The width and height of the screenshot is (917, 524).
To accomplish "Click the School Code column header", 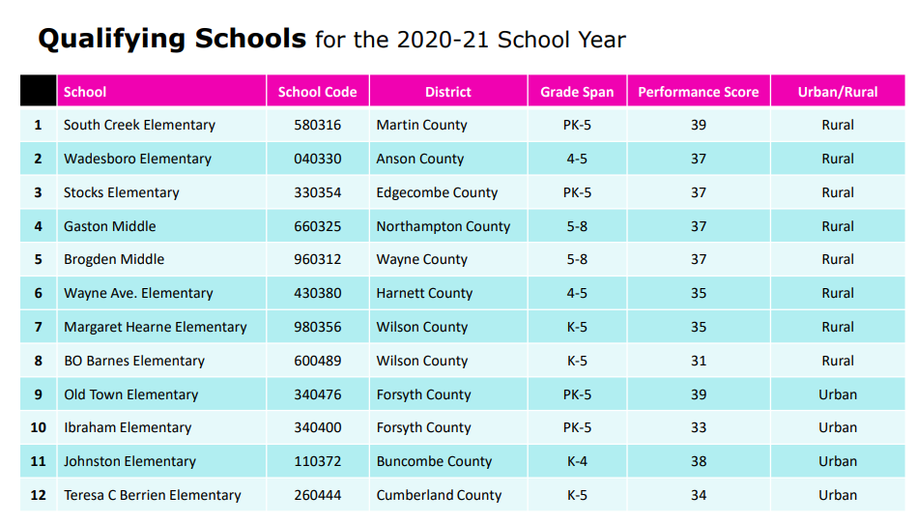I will (x=317, y=92).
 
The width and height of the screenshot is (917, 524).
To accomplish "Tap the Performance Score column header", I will (x=698, y=92).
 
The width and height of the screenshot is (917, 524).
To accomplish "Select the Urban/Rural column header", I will (x=837, y=92).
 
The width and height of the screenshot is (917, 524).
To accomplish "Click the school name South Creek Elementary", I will (x=139, y=125).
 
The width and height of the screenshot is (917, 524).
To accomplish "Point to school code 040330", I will (x=317, y=159).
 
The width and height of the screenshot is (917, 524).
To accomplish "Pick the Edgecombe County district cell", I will (x=437, y=192).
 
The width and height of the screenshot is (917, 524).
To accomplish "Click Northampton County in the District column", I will (x=443, y=226).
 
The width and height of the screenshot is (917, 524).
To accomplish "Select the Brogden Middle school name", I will (x=114, y=259).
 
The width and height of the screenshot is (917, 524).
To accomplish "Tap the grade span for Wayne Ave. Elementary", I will (x=577, y=293).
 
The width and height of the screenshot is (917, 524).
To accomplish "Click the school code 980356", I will (x=317, y=327).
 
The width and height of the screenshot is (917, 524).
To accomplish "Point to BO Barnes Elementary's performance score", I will (x=698, y=361).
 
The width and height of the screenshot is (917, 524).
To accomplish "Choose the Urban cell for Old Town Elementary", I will (x=837, y=394).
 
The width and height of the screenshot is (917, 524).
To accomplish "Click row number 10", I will (x=38, y=427).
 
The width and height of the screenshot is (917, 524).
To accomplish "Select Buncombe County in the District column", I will (x=434, y=461).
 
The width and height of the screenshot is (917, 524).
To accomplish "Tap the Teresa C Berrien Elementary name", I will (x=152, y=495).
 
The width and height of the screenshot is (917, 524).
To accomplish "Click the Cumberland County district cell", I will (x=439, y=495).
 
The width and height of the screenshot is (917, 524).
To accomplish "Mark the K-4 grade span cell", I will (x=577, y=461).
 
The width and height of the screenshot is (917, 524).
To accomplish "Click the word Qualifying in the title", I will (x=111, y=40).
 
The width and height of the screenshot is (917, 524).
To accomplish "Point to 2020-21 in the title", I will (x=443, y=41).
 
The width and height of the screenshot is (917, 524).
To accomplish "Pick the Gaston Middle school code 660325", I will (x=317, y=226).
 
